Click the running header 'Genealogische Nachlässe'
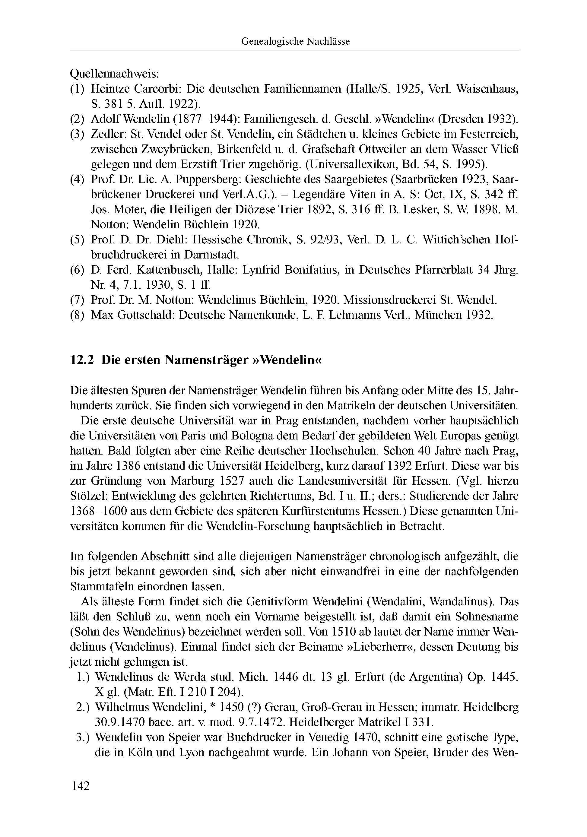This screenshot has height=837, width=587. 295,42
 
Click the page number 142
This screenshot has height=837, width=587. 81,786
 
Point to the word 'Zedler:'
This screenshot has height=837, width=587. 108,135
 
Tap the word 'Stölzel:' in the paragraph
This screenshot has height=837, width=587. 89,496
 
